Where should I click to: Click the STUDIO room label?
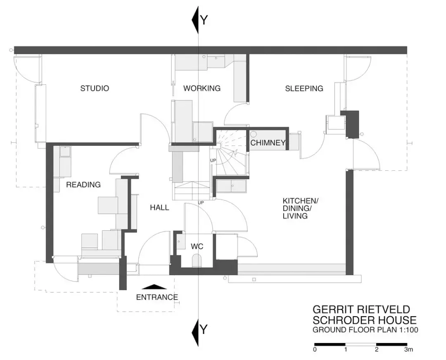coord(95,88)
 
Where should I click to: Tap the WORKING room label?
coord(202,88)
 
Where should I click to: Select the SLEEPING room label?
coord(304,88)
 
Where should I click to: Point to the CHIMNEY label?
coord(268,143)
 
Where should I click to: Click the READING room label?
coord(83,185)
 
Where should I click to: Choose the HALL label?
coord(159,207)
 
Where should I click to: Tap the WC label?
coord(197,246)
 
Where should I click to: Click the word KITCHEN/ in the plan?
coord(300,200)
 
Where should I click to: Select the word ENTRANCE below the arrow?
coord(157,298)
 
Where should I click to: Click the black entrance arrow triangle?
coord(154,287)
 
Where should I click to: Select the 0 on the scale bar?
coord(315,350)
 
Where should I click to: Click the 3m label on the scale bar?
coord(408,350)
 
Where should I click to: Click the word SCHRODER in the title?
coord(343,320)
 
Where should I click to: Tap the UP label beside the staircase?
coord(213,160)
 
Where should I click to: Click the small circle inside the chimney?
coord(254,134)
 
